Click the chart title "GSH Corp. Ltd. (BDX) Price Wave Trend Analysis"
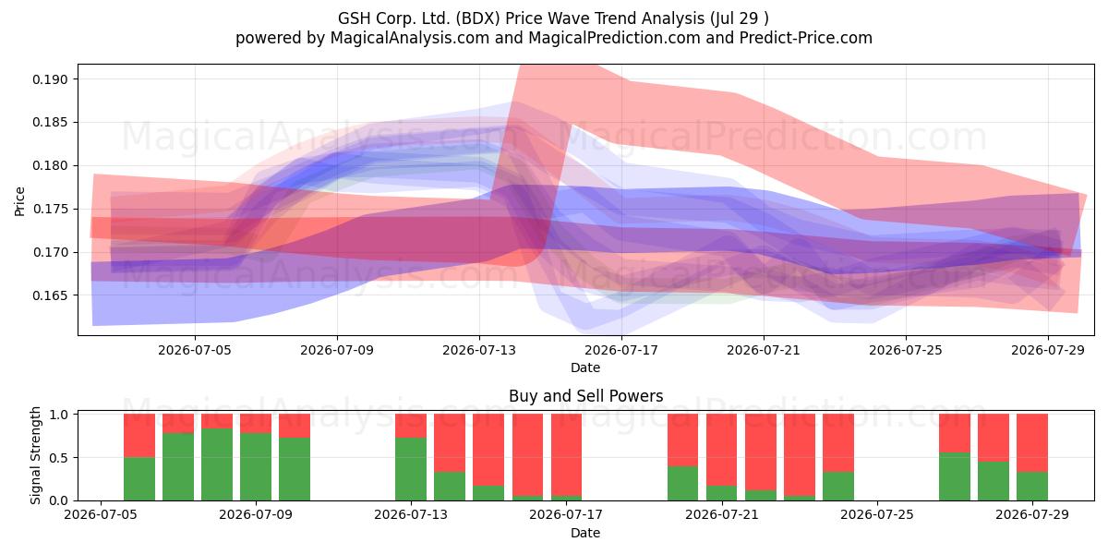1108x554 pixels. (521, 18)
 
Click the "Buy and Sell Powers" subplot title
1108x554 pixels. (585, 396)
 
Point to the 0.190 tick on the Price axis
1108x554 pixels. (50, 79)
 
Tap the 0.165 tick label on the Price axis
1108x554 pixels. (50, 295)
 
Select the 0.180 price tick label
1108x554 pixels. (50, 165)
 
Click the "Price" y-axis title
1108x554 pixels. (19, 201)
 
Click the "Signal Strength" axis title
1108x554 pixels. (35, 455)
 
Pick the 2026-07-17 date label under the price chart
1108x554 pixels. (621, 350)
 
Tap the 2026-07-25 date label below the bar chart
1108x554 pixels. (877, 515)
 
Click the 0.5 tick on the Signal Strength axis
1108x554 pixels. (59, 458)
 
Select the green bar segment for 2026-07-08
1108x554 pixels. (217, 464)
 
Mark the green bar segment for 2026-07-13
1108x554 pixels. (411, 469)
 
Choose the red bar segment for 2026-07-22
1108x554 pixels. (760, 452)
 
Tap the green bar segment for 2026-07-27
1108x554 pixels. (955, 476)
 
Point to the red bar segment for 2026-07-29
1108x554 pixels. (1032, 442)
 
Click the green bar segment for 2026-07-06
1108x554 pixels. (139, 479)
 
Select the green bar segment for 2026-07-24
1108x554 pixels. (838, 487)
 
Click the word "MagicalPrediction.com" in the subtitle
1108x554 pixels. (614, 38)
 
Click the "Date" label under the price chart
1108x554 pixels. (585, 367)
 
